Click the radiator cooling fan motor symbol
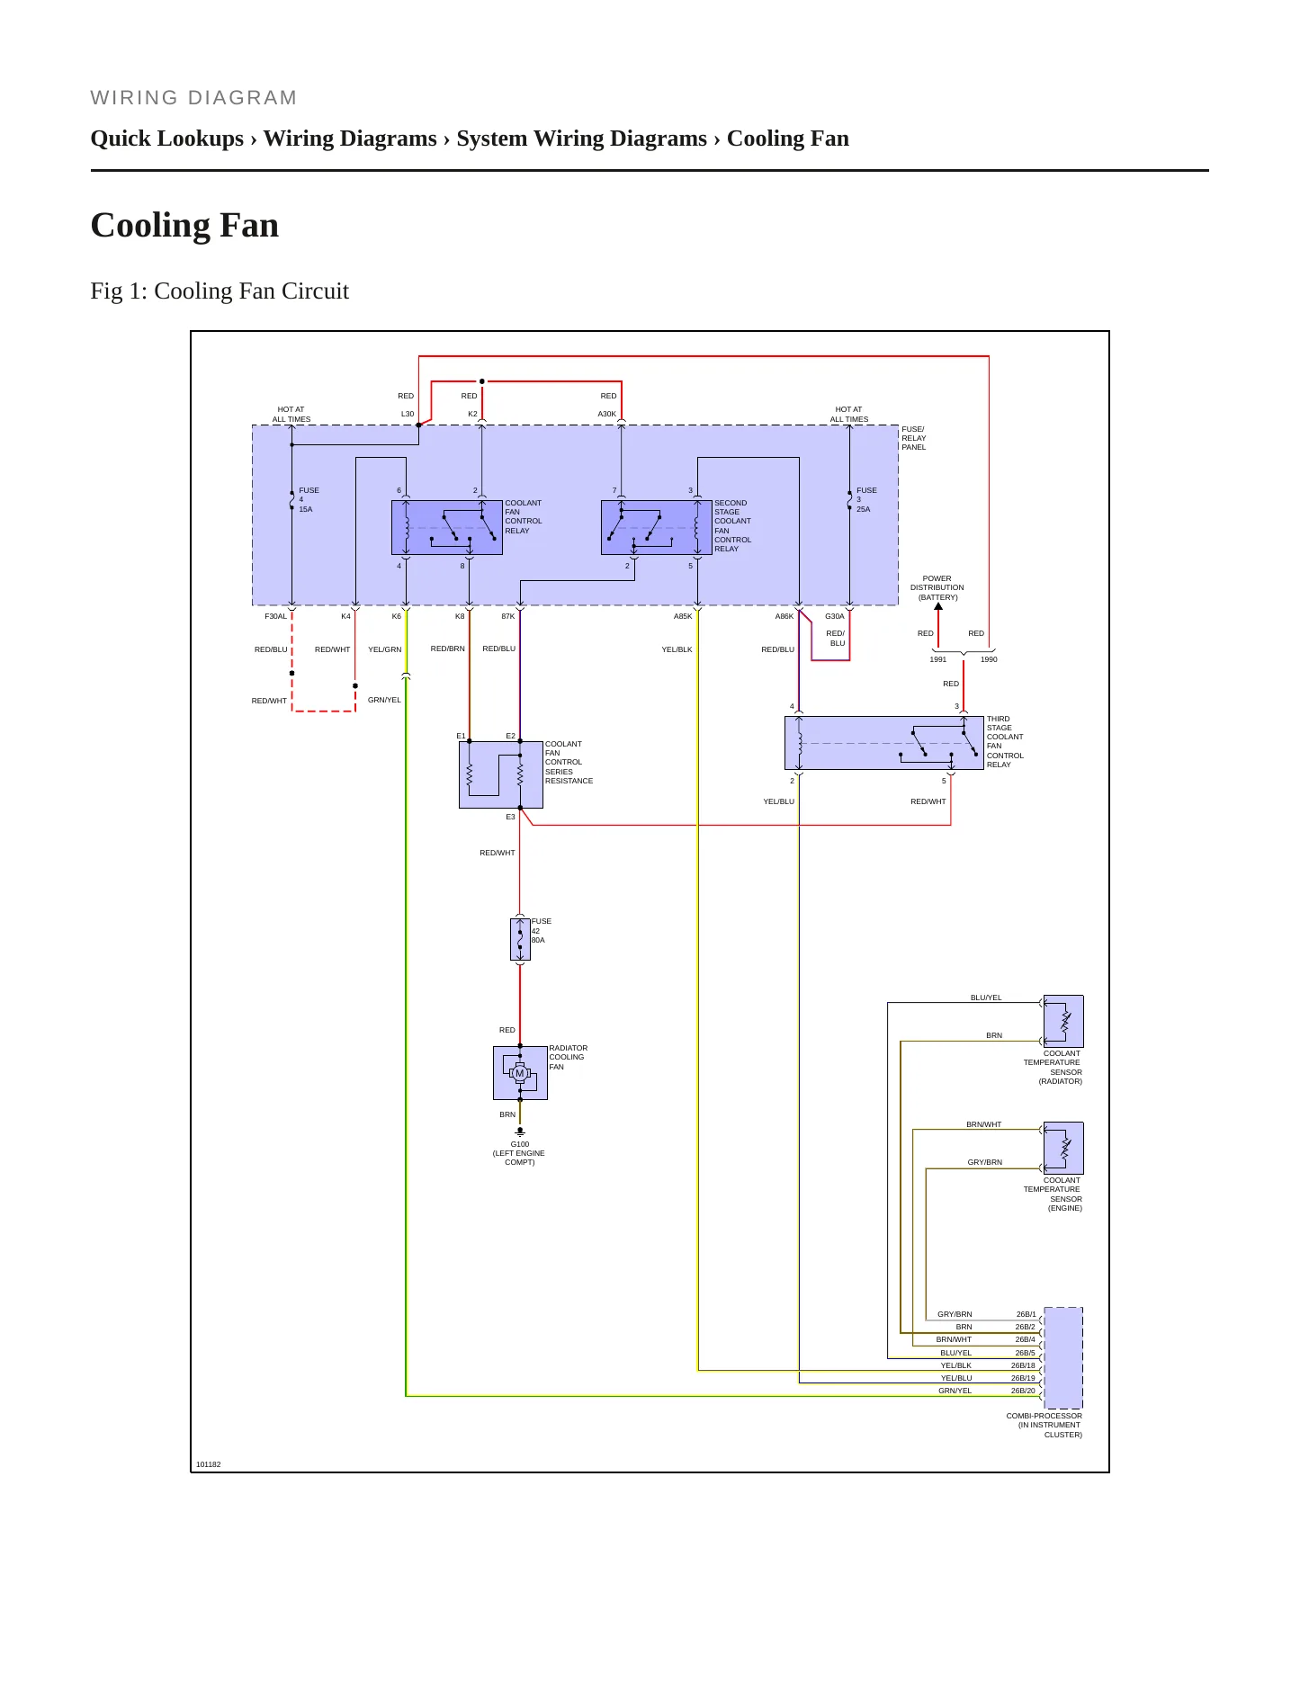tap(520, 1072)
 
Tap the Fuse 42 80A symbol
tap(520, 939)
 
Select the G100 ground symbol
tap(520, 1132)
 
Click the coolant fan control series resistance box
tap(501, 774)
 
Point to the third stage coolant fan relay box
tap(884, 743)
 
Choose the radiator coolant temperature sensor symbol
tap(1063, 1021)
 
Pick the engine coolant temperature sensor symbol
tap(1063, 1148)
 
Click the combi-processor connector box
tap(1063, 1357)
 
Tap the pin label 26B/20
tap(1023, 1391)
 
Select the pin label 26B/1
tap(1027, 1314)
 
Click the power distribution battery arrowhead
tap(938, 606)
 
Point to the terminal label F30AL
tap(275, 616)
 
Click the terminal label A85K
tap(683, 616)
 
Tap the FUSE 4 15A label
tap(309, 500)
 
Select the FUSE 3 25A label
tap(866, 500)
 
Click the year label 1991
tap(938, 659)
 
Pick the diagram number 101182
tap(209, 1464)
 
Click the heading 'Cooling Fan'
tap(184, 225)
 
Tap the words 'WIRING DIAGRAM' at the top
tap(193, 98)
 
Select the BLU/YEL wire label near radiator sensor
tap(986, 998)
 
